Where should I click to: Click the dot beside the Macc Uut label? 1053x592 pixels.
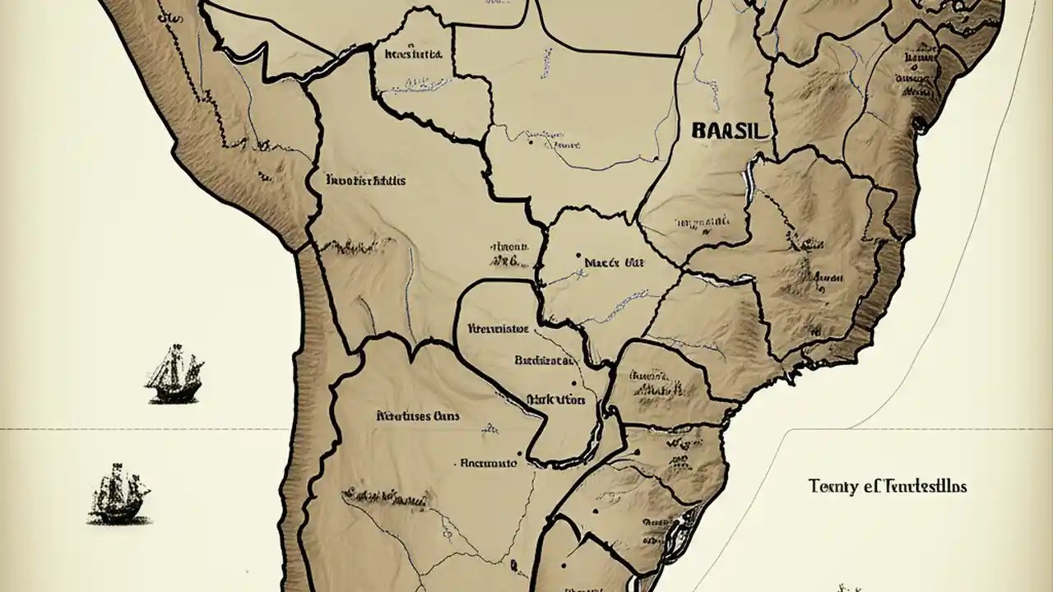tap(580, 256)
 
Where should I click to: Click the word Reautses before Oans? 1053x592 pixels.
tap(404, 416)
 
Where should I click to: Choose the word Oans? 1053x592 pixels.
tap(447, 416)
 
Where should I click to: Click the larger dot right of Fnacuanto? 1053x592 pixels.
tap(521, 453)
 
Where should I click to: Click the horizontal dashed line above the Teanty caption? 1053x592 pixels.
tap(905, 429)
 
